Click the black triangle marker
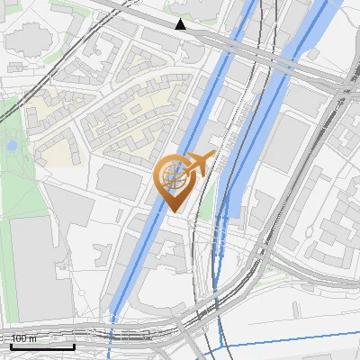pos(181,24)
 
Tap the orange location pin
pos(174,184)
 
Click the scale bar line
pos(42,346)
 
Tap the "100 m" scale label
pos(24,338)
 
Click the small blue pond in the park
pos(12,145)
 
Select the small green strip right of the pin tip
pos(207,207)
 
